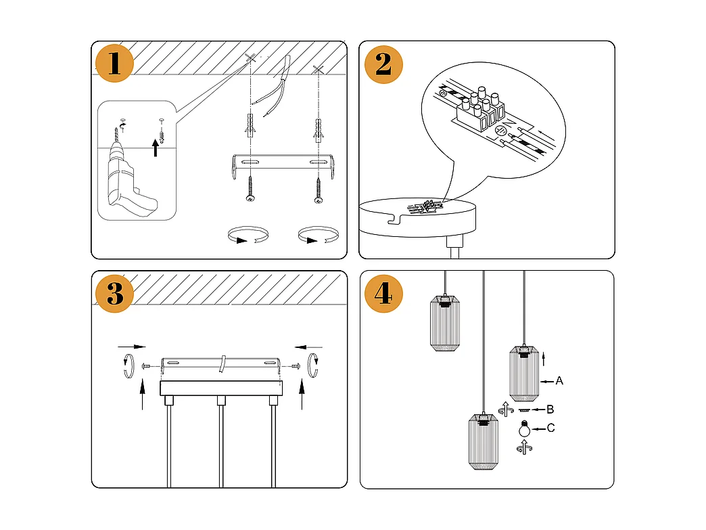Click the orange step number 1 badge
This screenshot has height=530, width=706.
114,63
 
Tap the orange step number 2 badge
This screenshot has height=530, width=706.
383,64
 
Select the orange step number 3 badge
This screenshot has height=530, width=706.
115,293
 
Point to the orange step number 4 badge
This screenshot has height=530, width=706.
383,294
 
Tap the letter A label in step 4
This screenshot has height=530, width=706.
559,381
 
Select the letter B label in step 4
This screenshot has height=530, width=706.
550,410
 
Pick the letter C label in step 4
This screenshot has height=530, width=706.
551,428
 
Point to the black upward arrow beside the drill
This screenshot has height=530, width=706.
156,147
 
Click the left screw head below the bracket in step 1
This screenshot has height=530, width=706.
250,198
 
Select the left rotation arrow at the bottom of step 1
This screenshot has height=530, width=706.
247,237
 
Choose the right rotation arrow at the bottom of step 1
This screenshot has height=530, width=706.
318,237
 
